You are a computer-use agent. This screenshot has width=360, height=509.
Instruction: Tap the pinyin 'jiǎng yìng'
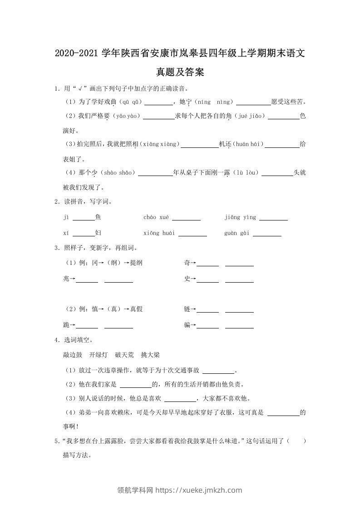[x=240, y=218]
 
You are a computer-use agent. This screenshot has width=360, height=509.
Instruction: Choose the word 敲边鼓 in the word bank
[x=73, y=355]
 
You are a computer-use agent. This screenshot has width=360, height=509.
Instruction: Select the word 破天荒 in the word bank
[x=124, y=355]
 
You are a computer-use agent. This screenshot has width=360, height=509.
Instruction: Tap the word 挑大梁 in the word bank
[x=150, y=355]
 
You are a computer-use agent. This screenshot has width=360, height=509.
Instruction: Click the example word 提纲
[x=136, y=263]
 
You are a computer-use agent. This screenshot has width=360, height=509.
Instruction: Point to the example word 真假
[x=136, y=309]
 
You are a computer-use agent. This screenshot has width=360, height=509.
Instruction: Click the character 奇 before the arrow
[x=187, y=263]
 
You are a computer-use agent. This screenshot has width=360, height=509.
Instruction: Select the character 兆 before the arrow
[x=66, y=279]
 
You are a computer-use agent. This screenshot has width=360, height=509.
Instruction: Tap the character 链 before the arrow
[x=187, y=309]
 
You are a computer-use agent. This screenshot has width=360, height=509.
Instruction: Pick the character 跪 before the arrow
[x=66, y=325]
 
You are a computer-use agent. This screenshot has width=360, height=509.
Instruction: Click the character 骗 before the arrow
[x=187, y=325]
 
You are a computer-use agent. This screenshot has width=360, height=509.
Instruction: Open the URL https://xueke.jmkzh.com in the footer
[x=199, y=490]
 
